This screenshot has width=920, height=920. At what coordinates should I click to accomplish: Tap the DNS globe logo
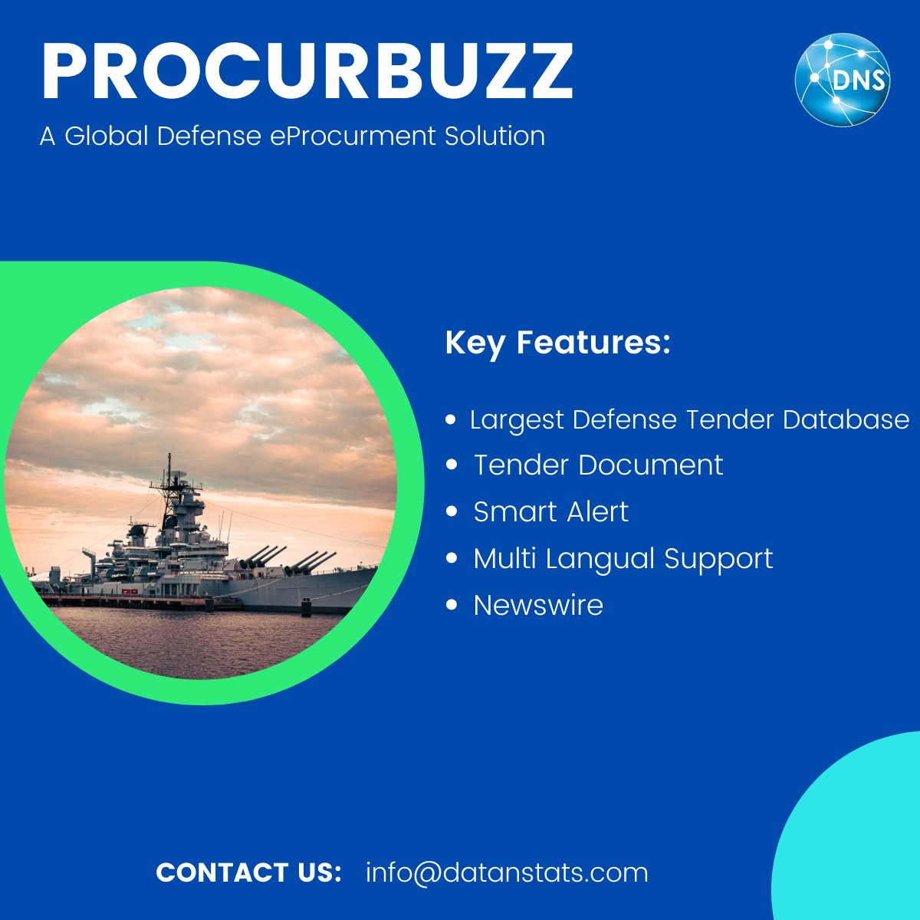(x=842, y=80)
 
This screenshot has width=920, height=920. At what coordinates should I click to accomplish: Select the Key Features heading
(x=557, y=342)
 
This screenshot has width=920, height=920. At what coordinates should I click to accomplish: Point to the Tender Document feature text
(x=598, y=465)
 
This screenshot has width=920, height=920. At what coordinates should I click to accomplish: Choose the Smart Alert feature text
(x=550, y=511)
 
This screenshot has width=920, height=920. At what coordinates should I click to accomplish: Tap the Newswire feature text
(x=538, y=605)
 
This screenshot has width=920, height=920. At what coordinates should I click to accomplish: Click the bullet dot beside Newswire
(x=452, y=605)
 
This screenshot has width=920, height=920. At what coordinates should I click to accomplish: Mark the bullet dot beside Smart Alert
(x=452, y=511)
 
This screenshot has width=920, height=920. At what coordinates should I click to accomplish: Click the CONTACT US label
(x=248, y=872)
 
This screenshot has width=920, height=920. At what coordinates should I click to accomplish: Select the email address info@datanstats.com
(x=507, y=872)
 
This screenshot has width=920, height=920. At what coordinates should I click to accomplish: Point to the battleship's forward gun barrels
(x=310, y=561)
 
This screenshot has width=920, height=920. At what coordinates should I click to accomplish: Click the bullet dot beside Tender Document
(x=452, y=465)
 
